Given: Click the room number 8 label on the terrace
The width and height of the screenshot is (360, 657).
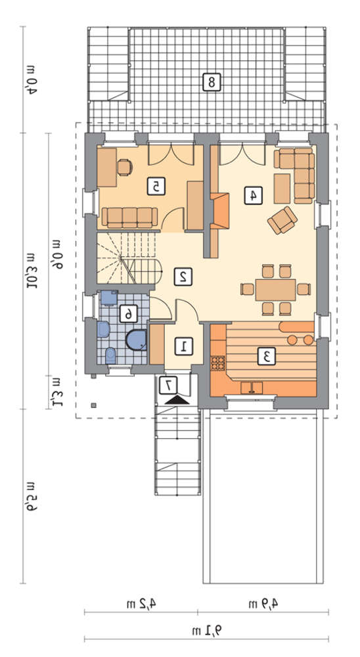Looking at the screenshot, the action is click(x=211, y=81).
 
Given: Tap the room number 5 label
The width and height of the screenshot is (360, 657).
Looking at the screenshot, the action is click(x=156, y=186).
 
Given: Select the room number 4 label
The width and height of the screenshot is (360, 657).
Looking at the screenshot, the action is click(x=253, y=195).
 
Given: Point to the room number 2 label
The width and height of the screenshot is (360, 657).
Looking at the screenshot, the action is click(x=183, y=277).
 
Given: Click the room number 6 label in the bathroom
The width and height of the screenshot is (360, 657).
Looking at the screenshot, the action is click(x=129, y=313).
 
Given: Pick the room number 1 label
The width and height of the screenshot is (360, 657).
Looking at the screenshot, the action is click(x=183, y=346).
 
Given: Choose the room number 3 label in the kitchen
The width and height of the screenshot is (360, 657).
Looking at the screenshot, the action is click(x=265, y=356).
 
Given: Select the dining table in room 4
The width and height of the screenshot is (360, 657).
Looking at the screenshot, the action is click(x=275, y=290).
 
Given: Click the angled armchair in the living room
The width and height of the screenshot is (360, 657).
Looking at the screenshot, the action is click(x=282, y=220).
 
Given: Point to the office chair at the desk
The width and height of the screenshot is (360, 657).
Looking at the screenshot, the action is click(x=125, y=167).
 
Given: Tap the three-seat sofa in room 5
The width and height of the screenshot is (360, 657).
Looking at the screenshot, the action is click(x=129, y=217).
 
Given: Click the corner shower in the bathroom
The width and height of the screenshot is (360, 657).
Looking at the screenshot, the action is click(x=136, y=340).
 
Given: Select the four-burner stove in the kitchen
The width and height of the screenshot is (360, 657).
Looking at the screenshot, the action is click(x=217, y=363).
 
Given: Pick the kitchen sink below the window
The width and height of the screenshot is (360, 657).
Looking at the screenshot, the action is click(x=252, y=388).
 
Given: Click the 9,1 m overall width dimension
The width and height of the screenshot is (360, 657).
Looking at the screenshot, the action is click(x=207, y=629).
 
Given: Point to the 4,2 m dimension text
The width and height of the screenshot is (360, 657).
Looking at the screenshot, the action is click(x=141, y=603).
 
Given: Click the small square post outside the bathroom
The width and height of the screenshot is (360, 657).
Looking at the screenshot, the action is click(x=95, y=405).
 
